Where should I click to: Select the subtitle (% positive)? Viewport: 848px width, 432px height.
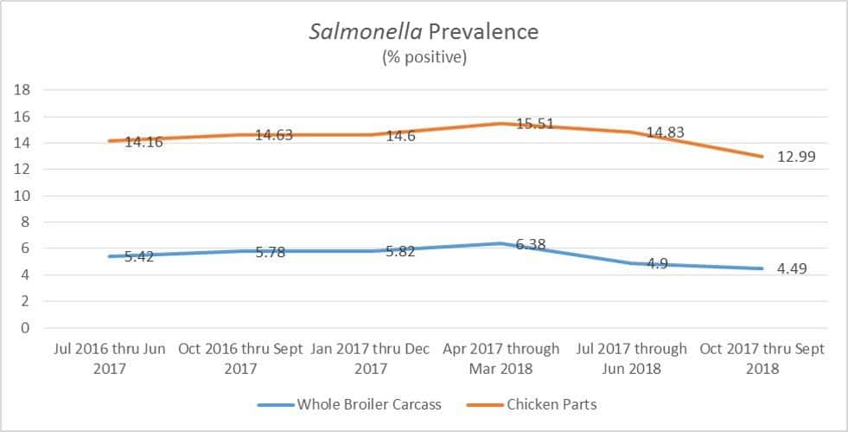pyautogui.click(x=424, y=58)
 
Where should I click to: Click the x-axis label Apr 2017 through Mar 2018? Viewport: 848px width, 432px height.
pyautogui.click(x=501, y=358)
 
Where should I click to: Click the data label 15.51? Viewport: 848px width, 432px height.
pyautogui.click(x=536, y=124)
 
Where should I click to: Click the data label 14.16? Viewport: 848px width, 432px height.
pyautogui.click(x=143, y=141)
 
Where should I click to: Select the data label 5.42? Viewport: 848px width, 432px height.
pyautogui.click(x=137, y=257)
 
